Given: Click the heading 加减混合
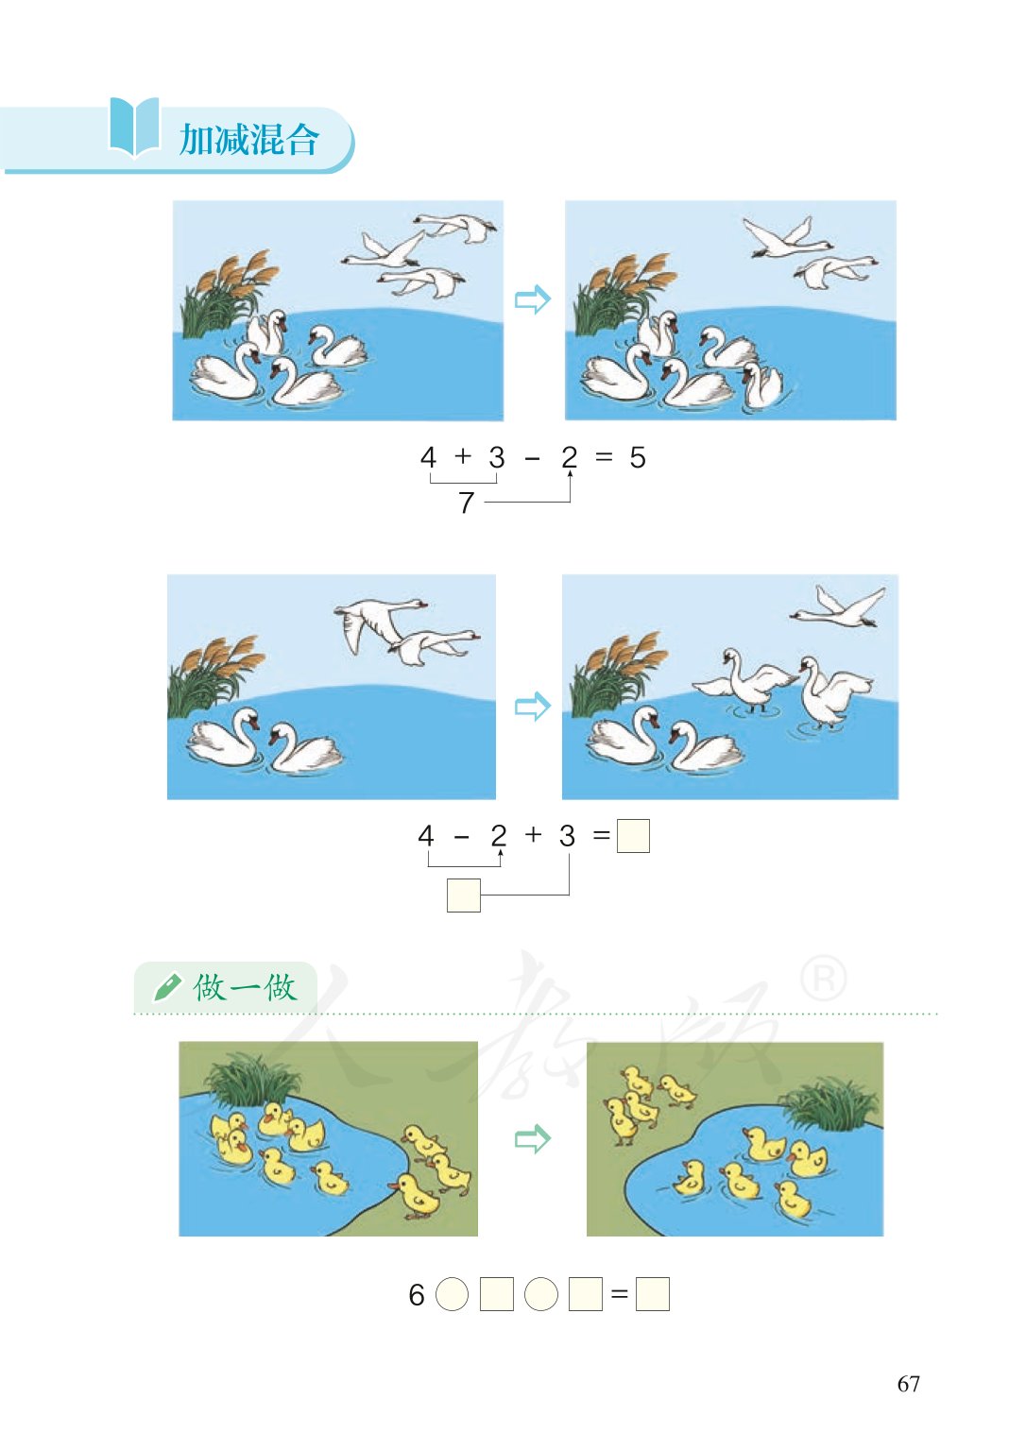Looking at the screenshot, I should pyautogui.click(x=249, y=140).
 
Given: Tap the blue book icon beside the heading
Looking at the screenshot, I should pyautogui.click(x=134, y=127).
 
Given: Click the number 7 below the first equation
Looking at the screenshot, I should pyautogui.click(x=466, y=503).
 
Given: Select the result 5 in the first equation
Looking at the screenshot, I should pyautogui.click(x=638, y=458).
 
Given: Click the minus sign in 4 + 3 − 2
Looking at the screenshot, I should pyautogui.click(x=533, y=459).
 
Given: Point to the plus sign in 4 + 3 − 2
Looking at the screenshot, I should pyautogui.click(x=462, y=456).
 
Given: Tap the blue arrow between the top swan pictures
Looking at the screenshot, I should pyautogui.click(x=532, y=300).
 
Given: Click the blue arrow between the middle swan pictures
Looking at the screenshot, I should pyautogui.click(x=532, y=706).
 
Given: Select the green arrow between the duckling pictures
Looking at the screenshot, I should pyautogui.click(x=532, y=1138).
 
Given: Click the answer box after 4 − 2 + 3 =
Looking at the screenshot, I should pyautogui.click(x=633, y=836).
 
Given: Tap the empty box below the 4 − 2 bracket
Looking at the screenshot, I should pyautogui.click(x=463, y=895).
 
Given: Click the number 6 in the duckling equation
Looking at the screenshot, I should pyautogui.click(x=417, y=1295).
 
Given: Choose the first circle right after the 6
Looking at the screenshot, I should pyautogui.click(x=452, y=1294).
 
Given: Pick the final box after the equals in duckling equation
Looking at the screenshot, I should pyautogui.click(x=652, y=1294).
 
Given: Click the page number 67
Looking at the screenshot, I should pyautogui.click(x=908, y=1384).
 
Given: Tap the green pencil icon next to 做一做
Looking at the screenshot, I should pyautogui.click(x=166, y=987).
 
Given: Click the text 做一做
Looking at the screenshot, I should pyautogui.click(x=245, y=987).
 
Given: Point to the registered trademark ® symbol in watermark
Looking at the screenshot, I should pyautogui.click(x=824, y=979).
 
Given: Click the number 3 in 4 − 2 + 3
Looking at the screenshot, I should pyautogui.click(x=567, y=836).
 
